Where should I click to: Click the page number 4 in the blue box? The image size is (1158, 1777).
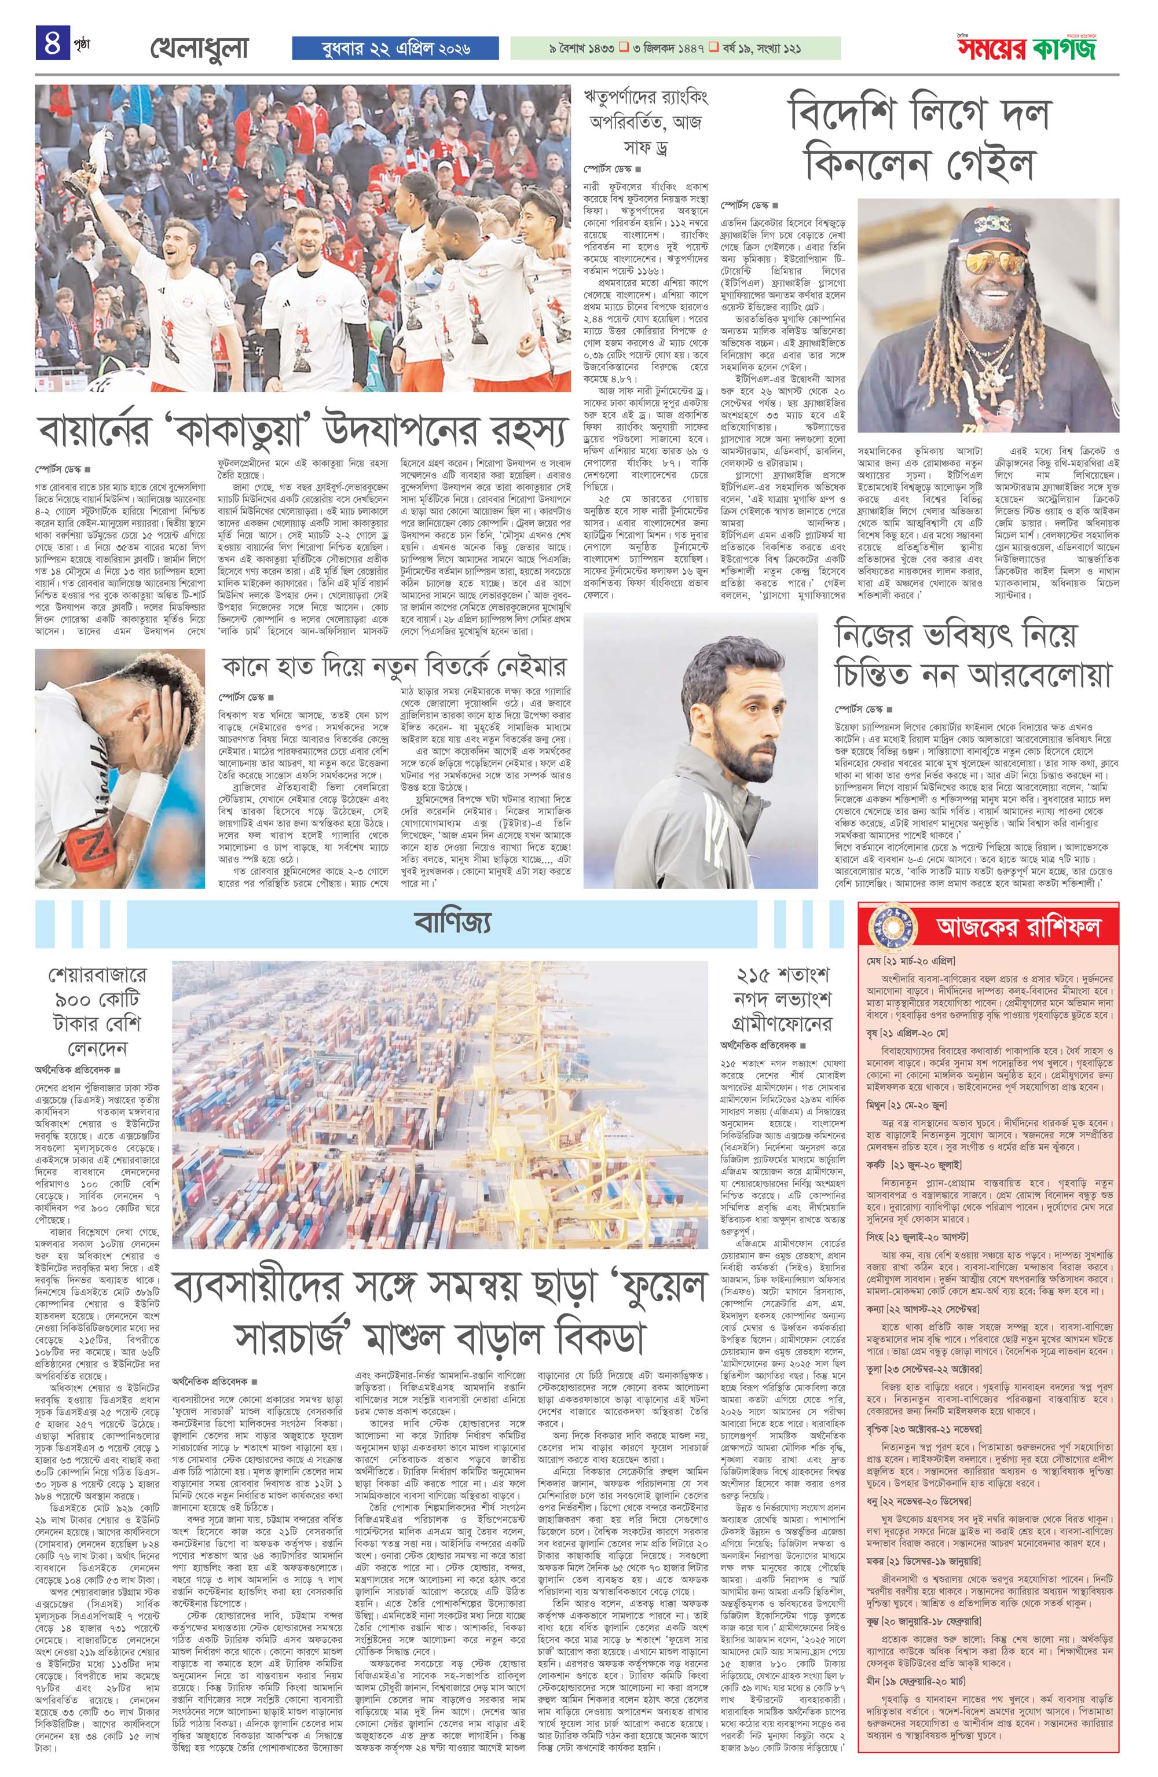click(x=52, y=43)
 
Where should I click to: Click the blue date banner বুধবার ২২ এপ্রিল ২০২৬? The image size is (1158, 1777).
click(x=395, y=49)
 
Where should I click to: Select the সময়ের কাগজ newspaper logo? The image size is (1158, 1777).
click(x=1039, y=49)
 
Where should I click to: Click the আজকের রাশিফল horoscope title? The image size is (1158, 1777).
click(x=1018, y=927)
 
